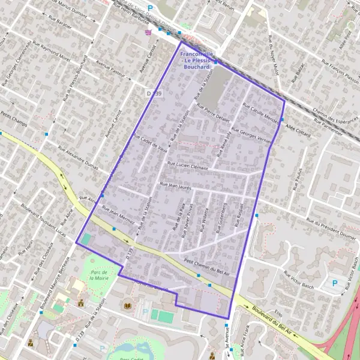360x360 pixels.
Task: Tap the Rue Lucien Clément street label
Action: tap(187, 166)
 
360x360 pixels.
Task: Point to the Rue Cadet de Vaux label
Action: tap(150, 146)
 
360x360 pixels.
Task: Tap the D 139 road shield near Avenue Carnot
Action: tap(154, 94)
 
